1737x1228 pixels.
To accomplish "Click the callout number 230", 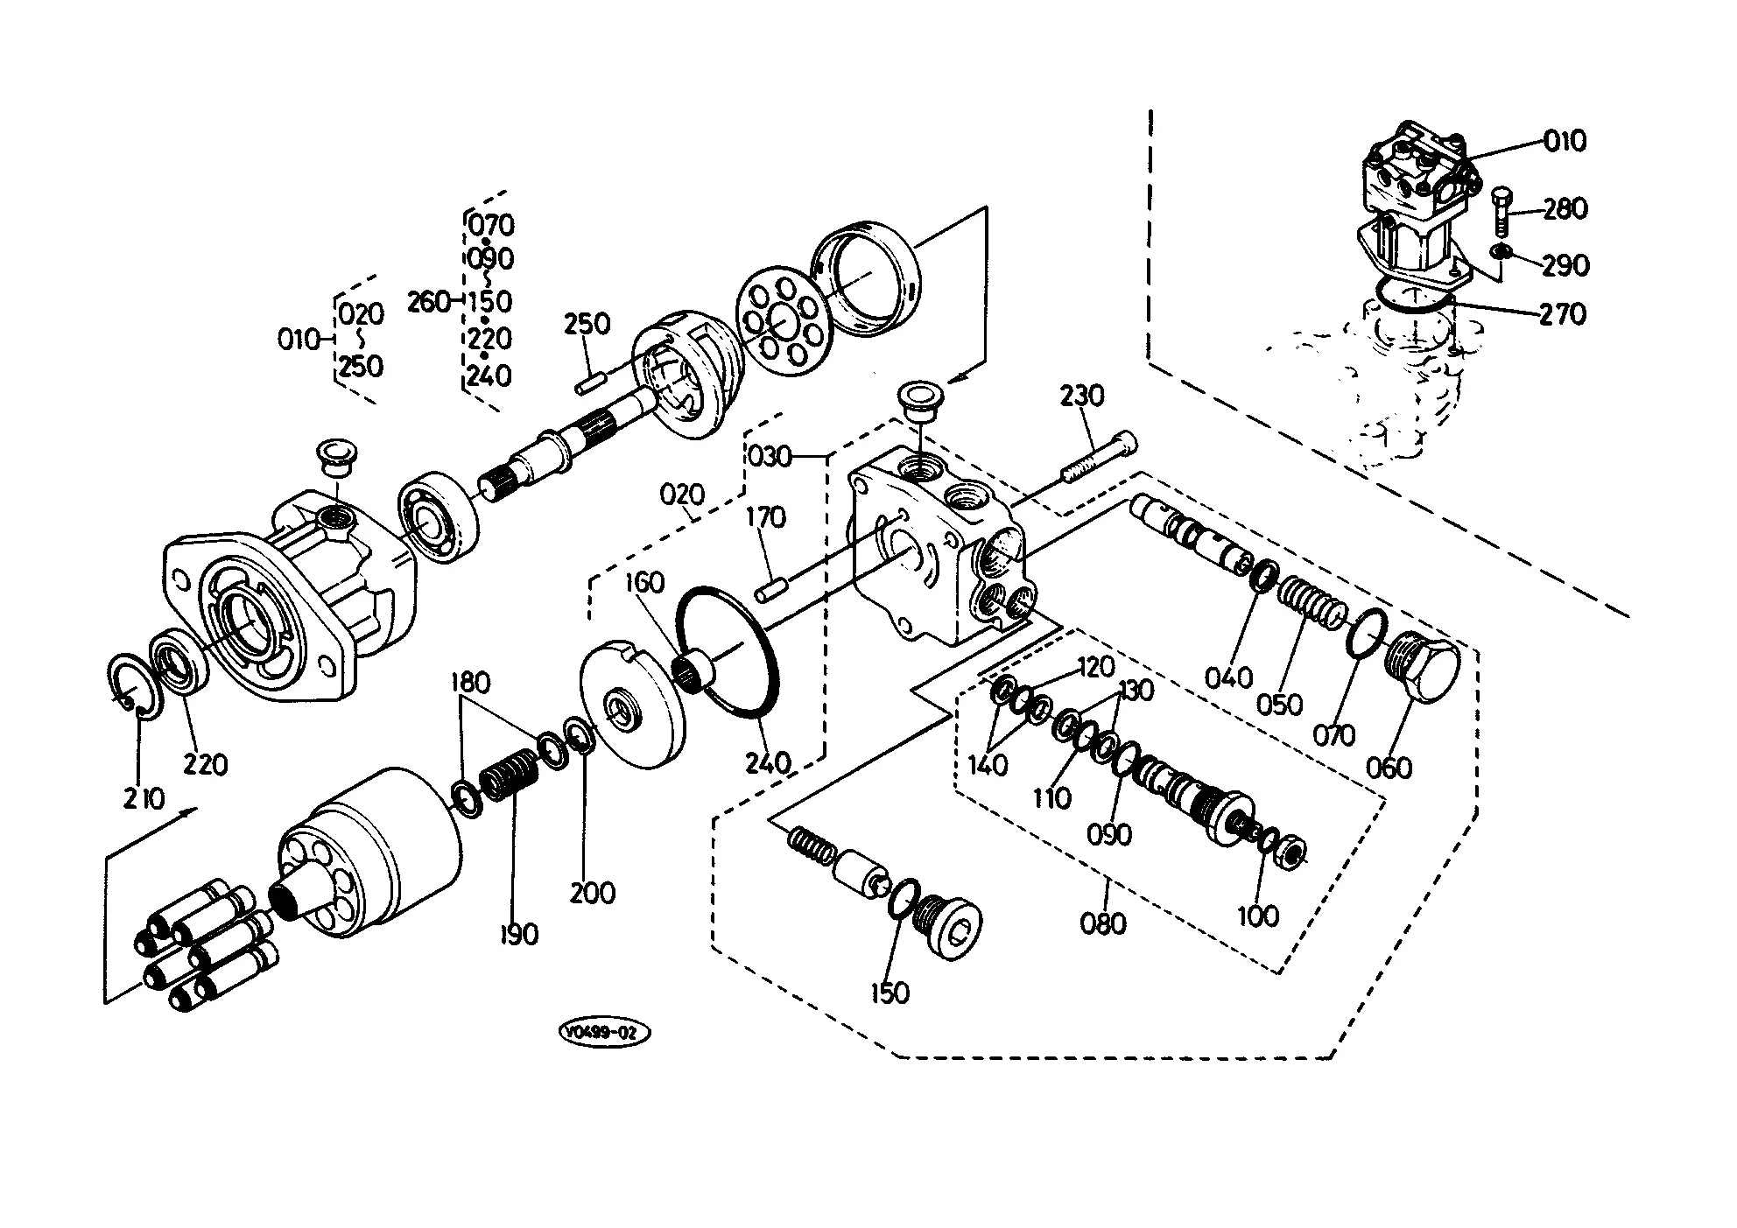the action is click(1082, 396).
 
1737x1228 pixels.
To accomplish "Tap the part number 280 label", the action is click(1565, 208).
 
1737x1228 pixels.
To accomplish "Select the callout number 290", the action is click(1565, 264).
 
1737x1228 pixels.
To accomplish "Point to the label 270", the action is click(1563, 313).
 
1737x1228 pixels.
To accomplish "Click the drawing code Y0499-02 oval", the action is click(604, 1033).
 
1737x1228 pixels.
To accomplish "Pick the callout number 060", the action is click(1389, 768).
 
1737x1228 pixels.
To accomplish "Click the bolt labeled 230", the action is click(1100, 457).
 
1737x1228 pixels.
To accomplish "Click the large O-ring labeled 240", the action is click(728, 650).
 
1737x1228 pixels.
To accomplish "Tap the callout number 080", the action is click(1103, 923).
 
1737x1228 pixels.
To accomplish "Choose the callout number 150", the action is click(890, 993).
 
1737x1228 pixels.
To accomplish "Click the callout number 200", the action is click(592, 893).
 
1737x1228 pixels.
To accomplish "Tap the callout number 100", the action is click(1257, 916).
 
